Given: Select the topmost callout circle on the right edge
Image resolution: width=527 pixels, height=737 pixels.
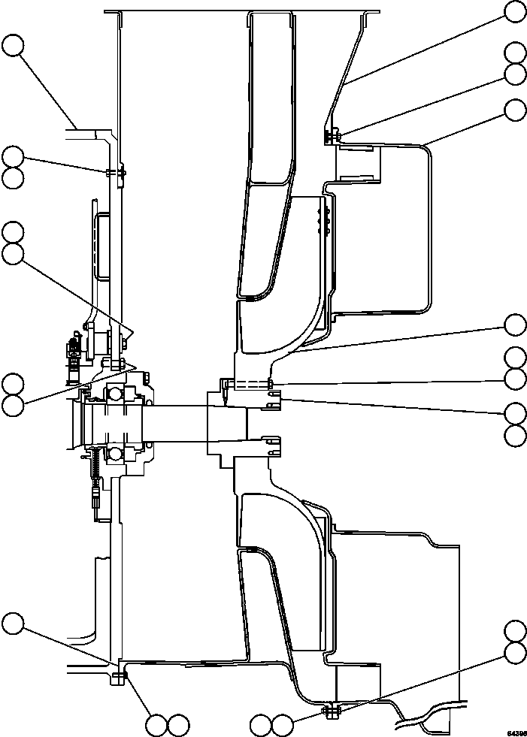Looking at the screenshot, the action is [x=515, y=11].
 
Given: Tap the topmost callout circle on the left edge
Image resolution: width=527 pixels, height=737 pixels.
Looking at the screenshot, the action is [x=13, y=46].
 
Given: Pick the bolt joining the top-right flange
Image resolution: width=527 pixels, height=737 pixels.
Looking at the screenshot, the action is [x=332, y=136].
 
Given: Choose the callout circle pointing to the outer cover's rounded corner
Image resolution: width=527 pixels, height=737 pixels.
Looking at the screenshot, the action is [x=515, y=110].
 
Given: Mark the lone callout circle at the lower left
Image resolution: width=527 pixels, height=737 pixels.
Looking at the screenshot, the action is [x=13, y=623].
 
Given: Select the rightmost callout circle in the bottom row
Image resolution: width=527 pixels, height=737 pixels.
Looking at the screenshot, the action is [x=282, y=725].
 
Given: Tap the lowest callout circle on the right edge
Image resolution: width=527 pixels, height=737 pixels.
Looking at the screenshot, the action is [x=515, y=652].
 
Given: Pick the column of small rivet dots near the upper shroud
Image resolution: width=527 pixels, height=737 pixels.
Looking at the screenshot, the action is [x=324, y=224].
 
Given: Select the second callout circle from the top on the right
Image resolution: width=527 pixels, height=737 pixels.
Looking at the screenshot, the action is [x=515, y=53].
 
